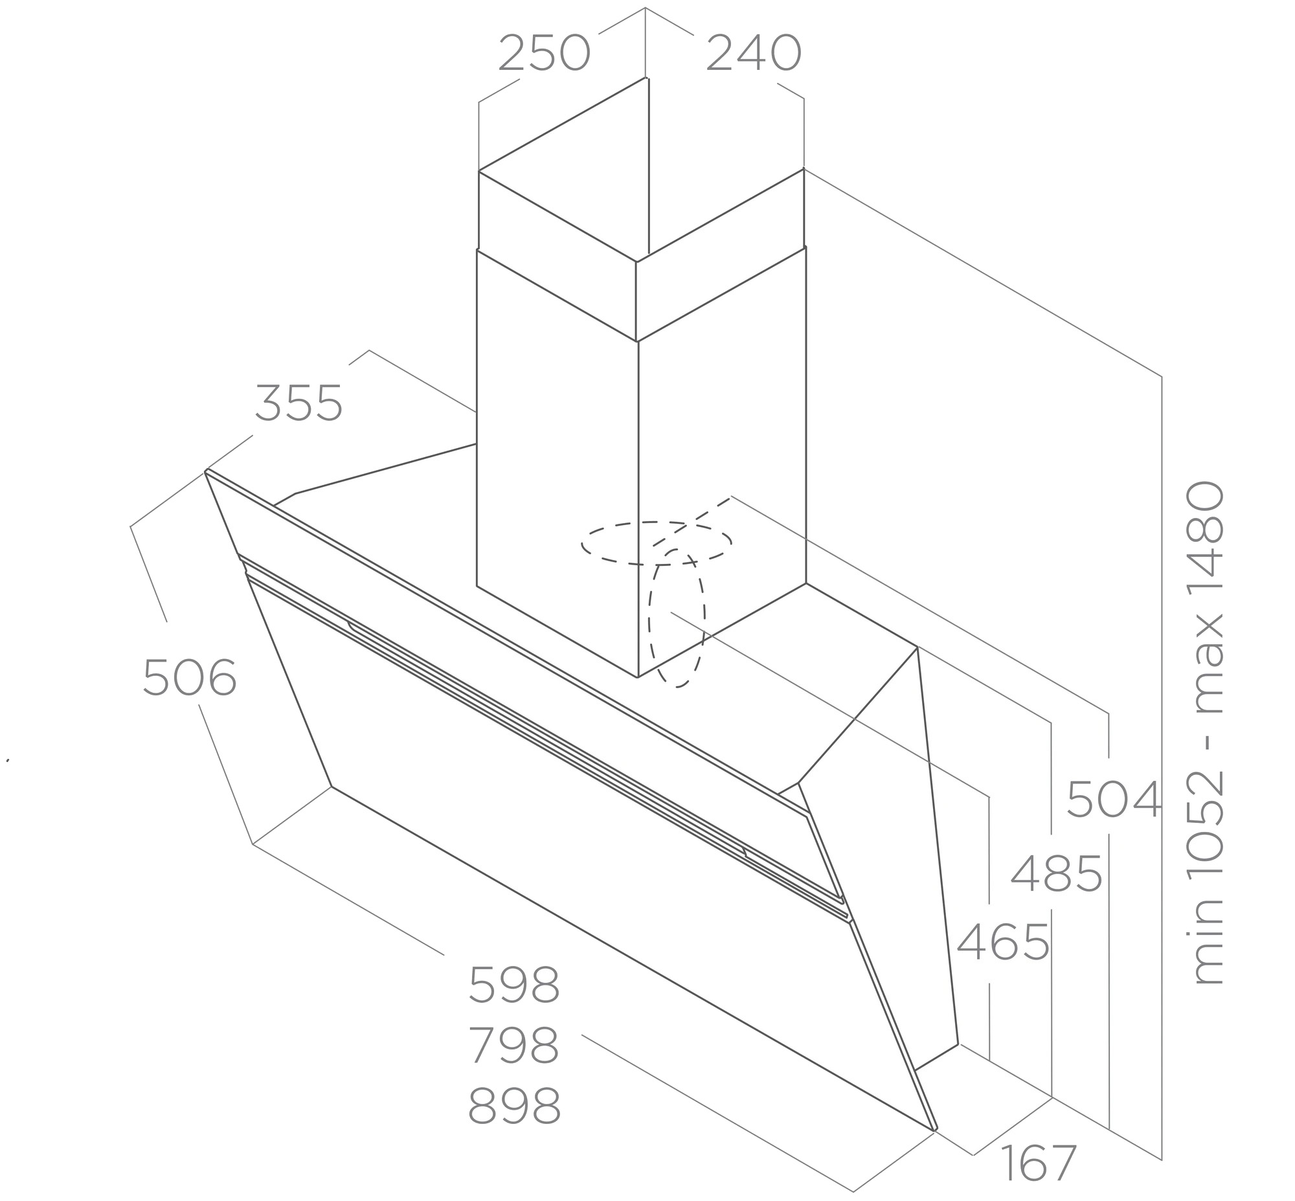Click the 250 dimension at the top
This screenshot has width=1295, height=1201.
coord(544,53)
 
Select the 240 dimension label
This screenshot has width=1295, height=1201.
coord(754,53)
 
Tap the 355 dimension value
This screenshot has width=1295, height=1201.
coord(298,403)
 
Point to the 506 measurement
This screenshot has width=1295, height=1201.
coord(189,677)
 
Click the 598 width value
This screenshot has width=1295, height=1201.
coord(513,985)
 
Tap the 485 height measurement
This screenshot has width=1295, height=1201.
coord(1057,873)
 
